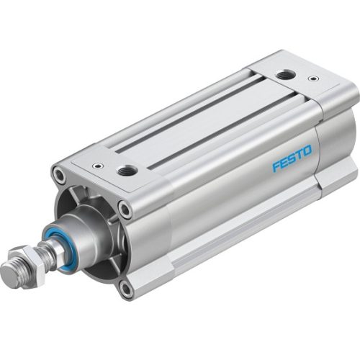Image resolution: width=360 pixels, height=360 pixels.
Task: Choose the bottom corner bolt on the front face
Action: coord(127,288)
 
